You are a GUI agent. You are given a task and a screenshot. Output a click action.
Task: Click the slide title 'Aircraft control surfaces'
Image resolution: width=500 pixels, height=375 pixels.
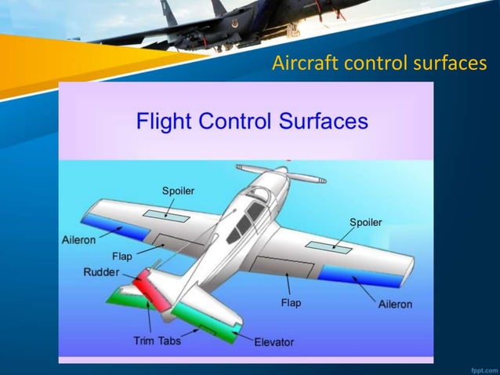[x=379, y=63]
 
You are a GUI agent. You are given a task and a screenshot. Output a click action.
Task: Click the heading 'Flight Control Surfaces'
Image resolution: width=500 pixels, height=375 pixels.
[x=252, y=122]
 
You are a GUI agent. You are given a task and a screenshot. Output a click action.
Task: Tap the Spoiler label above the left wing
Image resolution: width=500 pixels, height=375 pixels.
[x=178, y=191]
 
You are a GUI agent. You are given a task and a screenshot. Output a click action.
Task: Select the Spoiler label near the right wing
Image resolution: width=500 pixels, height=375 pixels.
[x=365, y=223]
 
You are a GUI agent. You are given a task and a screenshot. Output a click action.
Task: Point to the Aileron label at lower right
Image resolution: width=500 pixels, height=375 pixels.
[x=395, y=304]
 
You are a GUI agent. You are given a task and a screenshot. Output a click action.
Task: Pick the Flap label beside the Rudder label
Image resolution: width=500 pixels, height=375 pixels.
[x=121, y=256]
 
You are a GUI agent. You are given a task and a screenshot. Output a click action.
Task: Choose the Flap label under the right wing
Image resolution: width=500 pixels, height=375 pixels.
[x=290, y=303]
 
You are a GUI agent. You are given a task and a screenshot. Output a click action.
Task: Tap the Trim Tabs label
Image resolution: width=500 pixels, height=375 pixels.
[x=157, y=340]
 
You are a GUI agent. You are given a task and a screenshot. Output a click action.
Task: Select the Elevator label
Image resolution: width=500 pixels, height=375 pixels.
[x=274, y=342]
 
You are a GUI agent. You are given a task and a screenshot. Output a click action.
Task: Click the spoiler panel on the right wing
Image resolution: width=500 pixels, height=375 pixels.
[x=328, y=246]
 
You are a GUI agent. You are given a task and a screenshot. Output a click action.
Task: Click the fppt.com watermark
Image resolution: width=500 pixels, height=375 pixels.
[x=481, y=367]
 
